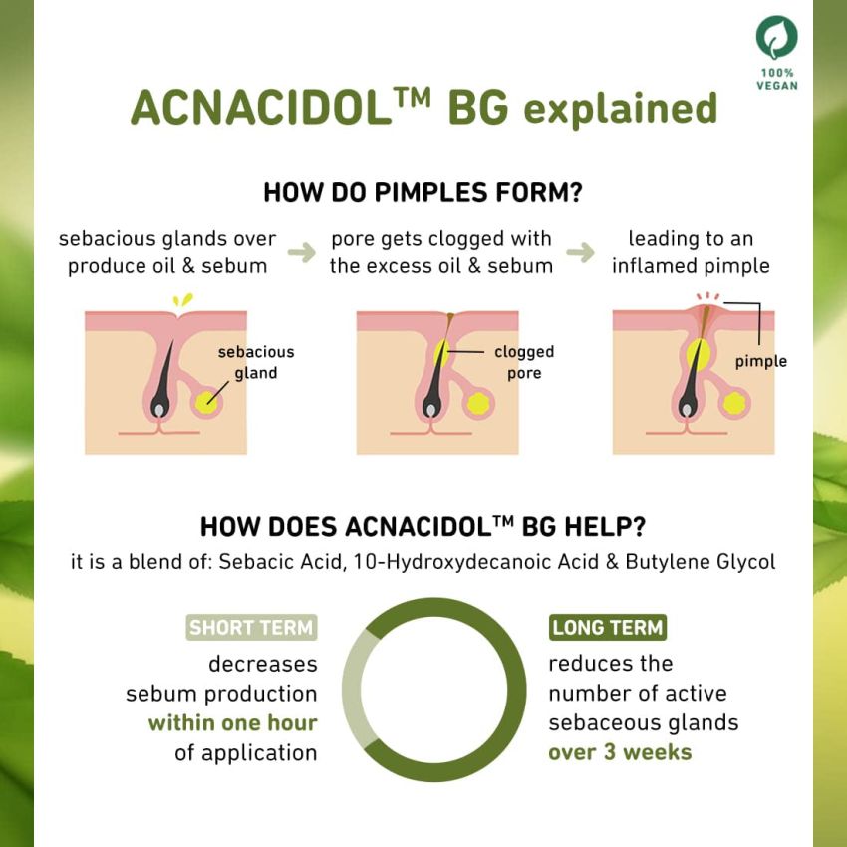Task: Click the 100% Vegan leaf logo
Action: (x=776, y=38)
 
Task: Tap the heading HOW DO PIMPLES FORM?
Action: (x=423, y=192)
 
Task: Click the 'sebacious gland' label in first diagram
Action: (x=255, y=363)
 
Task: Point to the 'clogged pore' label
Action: (x=524, y=363)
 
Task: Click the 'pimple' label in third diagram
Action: (x=760, y=361)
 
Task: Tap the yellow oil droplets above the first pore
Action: (x=181, y=299)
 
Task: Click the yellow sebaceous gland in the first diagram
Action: (x=207, y=401)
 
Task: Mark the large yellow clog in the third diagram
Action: (x=699, y=354)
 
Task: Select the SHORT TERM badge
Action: (x=251, y=628)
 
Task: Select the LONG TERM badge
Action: (x=608, y=628)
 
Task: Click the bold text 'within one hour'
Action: (x=232, y=723)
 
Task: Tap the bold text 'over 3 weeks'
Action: (x=620, y=751)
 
